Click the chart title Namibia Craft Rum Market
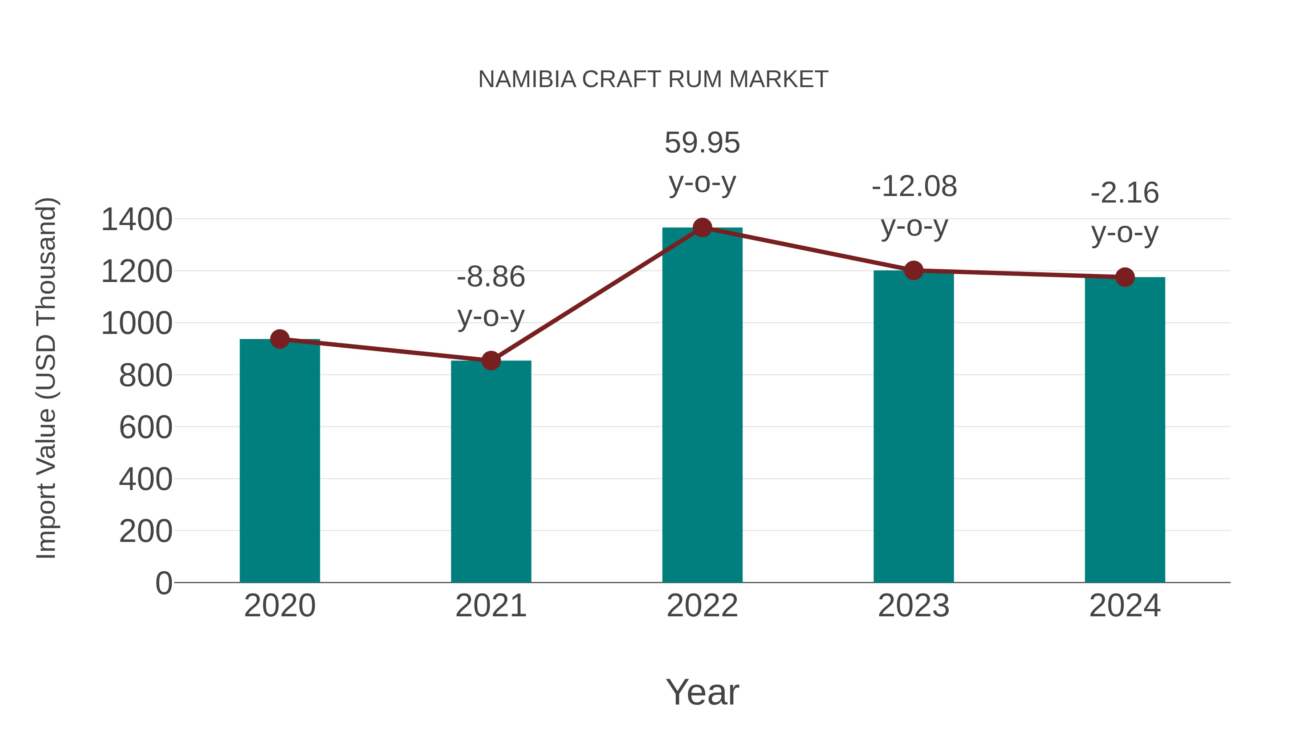653,79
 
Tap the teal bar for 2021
490,472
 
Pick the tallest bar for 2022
702,406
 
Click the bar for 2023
913,426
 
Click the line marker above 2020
280,339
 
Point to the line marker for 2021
490,361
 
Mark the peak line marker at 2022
702,228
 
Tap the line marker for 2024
1125,277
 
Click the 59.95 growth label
702,143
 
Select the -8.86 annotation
490,277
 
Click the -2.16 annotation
1125,193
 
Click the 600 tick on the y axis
146,427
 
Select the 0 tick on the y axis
163,583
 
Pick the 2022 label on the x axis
702,606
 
